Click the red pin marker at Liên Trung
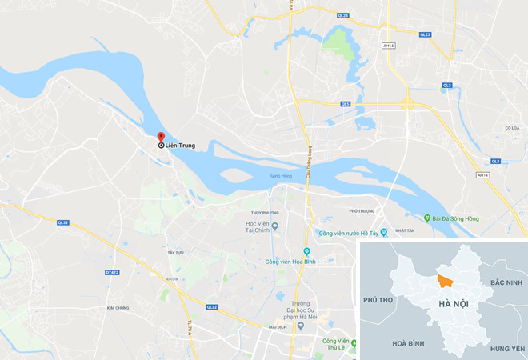click(160, 137)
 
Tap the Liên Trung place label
click(181, 146)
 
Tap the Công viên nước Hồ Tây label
click(348, 233)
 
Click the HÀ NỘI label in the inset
click(454, 304)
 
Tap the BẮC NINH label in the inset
click(506, 283)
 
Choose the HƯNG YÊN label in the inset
click(506, 349)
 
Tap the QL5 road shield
click(346, 104)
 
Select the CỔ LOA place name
click(512, 127)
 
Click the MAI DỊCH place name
click(278, 326)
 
